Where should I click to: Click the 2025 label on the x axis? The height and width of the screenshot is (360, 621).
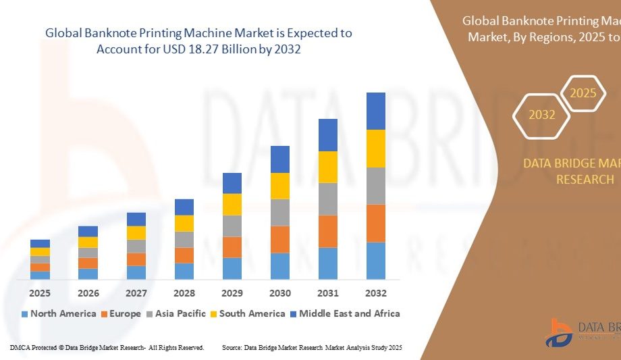pos(40,293)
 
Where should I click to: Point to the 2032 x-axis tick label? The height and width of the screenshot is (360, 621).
pos(375,293)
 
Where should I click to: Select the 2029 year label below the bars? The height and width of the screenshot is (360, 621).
pos(232,293)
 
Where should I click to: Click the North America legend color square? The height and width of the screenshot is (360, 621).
pos(25,314)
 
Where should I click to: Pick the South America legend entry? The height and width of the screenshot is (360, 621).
pos(252,313)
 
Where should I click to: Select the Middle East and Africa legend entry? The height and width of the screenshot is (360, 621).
pos(349,313)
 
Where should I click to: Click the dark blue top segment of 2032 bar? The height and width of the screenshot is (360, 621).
pos(375,111)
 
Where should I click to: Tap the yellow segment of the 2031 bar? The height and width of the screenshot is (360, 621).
pos(328,167)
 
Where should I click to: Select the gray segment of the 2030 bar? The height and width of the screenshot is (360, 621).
pos(280,212)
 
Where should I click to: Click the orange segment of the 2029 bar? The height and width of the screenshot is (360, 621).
pos(232,247)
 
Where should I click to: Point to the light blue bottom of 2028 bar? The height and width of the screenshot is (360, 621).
pos(184,271)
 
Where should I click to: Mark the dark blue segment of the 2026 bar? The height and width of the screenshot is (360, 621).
pos(88,231)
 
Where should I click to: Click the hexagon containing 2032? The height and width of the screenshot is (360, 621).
pos(541,115)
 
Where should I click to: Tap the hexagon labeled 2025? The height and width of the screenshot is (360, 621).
pos(583,93)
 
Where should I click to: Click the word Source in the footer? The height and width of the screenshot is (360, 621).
pos(232,347)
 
